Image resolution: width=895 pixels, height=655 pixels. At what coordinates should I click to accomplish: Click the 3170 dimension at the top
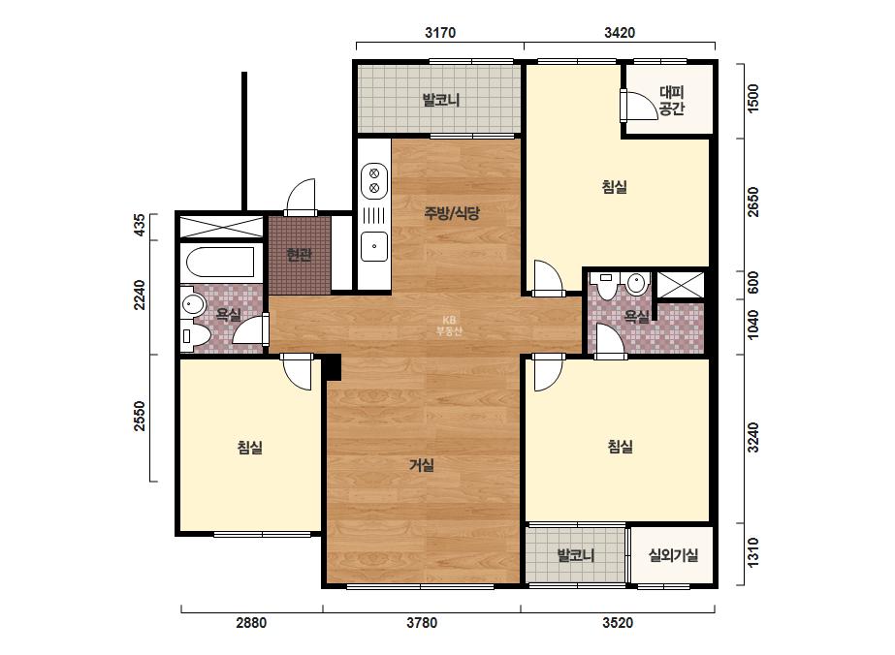(440, 33)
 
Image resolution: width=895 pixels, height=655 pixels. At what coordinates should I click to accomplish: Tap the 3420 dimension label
(620, 33)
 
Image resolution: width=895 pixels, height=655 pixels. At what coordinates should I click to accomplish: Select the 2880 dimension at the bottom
(251, 622)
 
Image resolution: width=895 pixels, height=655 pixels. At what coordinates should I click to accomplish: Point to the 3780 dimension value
(422, 622)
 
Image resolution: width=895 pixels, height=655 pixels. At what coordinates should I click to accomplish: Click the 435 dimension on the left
(139, 226)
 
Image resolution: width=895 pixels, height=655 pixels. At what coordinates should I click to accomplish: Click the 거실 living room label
(422, 466)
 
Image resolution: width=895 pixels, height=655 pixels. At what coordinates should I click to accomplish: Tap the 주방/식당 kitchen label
(452, 213)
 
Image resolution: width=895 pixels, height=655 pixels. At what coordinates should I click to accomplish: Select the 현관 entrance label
(299, 255)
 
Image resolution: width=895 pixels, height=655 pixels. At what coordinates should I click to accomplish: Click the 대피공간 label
(671, 101)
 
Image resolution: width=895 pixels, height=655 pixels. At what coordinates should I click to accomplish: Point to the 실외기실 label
(673, 554)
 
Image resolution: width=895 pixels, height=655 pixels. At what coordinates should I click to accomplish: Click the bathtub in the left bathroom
(221, 262)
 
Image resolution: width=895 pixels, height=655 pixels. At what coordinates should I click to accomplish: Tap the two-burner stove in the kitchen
(374, 180)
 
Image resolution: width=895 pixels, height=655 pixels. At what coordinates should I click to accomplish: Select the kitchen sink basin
(374, 246)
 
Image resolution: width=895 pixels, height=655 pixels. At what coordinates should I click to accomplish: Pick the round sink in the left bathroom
(194, 304)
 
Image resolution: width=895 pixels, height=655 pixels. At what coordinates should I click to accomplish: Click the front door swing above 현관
(301, 197)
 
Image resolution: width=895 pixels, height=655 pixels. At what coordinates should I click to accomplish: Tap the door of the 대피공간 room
(638, 105)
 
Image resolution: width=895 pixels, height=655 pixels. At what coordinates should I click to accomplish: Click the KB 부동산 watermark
(449, 326)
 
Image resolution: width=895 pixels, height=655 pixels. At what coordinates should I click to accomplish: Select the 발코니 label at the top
(440, 101)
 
